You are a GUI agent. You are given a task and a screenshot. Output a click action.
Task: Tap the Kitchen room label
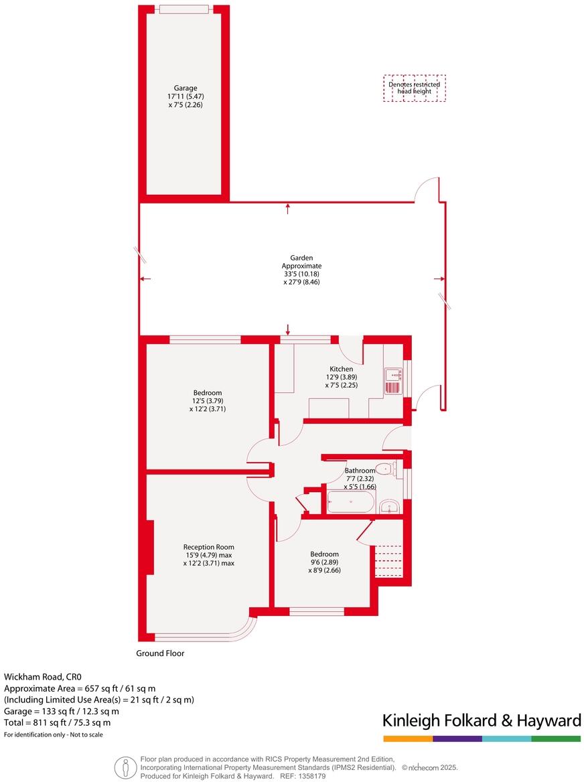pos(341,369)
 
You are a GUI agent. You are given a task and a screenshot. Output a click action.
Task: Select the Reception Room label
pos(209,546)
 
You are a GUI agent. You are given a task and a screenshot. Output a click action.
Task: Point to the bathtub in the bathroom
pos(350,501)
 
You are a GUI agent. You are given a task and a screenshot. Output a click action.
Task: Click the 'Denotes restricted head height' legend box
pos(415,88)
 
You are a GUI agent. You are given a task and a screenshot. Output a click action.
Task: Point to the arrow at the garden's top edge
pos(288,208)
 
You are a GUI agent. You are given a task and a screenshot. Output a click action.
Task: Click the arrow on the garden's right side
pos(439,279)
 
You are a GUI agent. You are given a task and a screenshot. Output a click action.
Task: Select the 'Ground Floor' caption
pos(160,653)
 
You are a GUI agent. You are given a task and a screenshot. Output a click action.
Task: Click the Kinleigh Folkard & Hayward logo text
pos(481,720)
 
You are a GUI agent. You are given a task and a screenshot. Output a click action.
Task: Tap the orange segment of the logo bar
pos(408,738)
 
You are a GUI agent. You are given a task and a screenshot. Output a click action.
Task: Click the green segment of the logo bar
pos(556,738)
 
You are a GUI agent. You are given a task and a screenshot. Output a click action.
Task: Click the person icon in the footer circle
pos(123,767)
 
